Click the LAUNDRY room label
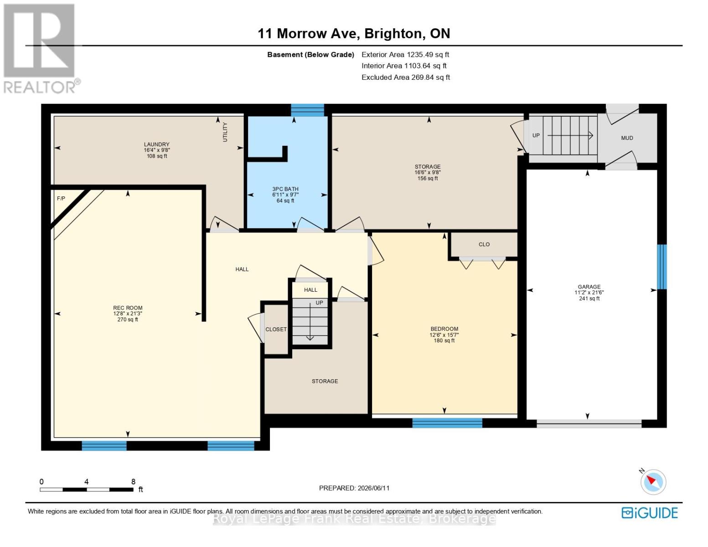(x=157, y=144)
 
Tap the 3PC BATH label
(x=285, y=189)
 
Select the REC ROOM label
(x=128, y=308)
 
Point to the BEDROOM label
(x=444, y=329)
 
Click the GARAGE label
(x=589, y=287)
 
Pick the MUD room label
(x=627, y=138)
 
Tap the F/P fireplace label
(x=61, y=198)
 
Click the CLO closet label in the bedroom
(x=484, y=244)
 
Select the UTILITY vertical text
(x=225, y=132)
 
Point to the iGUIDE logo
(x=649, y=513)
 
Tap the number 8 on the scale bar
(x=133, y=481)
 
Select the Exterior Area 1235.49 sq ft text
(x=405, y=54)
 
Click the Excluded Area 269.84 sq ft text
(x=406, y=77)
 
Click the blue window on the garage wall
(x=662, y=267)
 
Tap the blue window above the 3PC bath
(x=308, y=110)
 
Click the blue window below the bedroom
(x=447, y=423)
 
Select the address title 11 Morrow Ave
(x=309, y=34)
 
